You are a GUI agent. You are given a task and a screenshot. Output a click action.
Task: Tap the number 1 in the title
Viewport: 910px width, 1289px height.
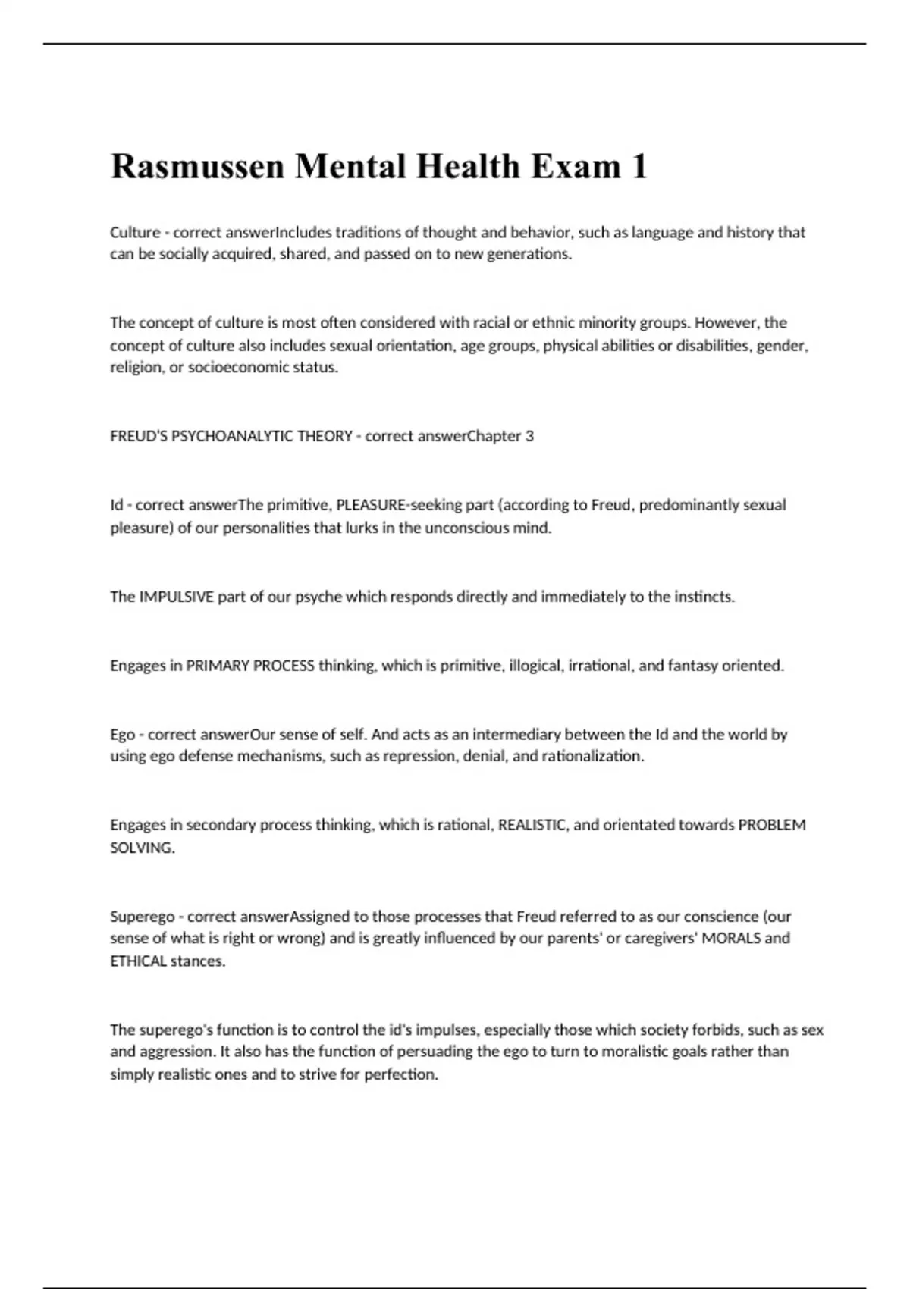[x=639, y=167]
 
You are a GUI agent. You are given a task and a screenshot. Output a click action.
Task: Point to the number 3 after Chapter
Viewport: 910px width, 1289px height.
[x=529, y=436]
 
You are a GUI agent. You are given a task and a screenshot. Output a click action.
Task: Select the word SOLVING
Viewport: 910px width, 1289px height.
[x=142, y=848]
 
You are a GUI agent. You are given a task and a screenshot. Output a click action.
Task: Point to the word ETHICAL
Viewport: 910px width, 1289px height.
[x=138, y=961]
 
